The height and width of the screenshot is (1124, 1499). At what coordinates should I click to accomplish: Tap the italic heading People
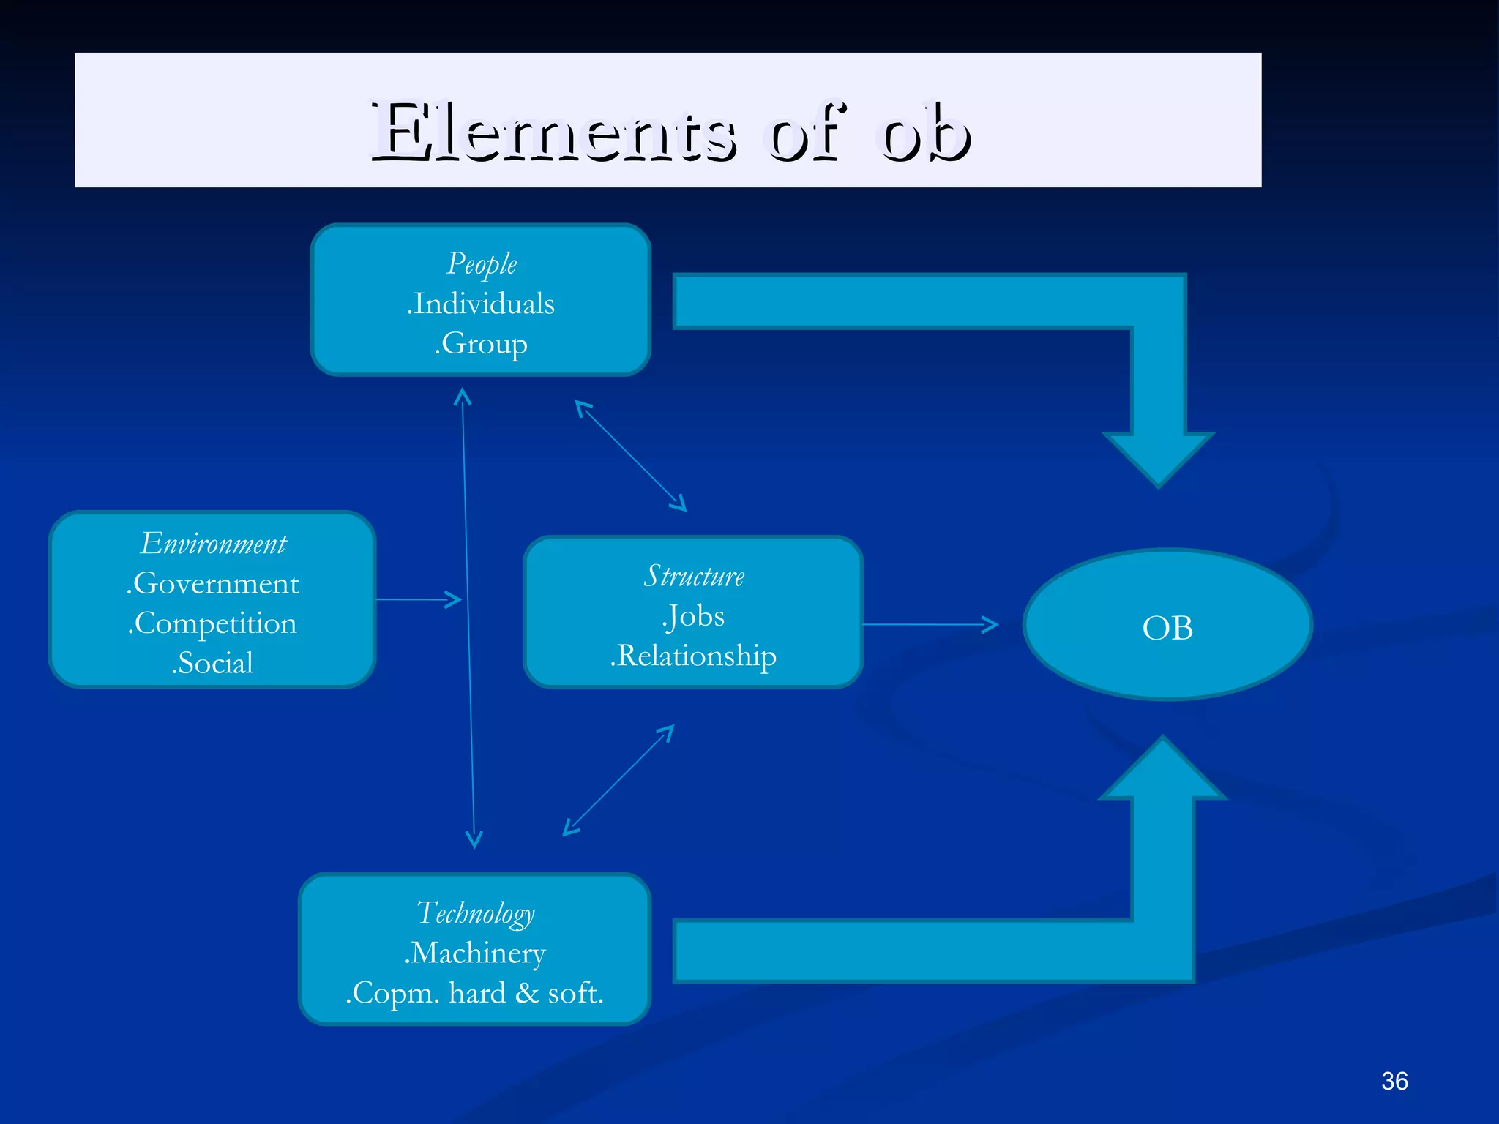click(482, 264)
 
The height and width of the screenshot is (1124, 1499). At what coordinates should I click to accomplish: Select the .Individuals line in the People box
click(481, 304)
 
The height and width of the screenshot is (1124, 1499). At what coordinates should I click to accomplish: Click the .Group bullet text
click(481, 343)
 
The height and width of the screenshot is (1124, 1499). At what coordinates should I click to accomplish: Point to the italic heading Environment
click(213, 544)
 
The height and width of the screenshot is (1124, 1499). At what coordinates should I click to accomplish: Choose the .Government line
click(212, 583)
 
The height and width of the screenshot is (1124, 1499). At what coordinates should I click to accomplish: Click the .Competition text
click(212, 623)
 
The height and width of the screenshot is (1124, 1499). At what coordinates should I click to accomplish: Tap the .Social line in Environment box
click(212, 662)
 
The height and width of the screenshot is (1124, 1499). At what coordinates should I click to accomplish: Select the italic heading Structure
click(694, 576)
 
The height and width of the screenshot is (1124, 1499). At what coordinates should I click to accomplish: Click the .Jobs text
click(693, 616)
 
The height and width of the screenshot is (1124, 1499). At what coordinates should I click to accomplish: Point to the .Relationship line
click(693, 656)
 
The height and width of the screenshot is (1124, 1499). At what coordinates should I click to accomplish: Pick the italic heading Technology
click(476, 913)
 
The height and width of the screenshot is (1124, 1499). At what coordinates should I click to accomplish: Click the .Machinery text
click(475, 953)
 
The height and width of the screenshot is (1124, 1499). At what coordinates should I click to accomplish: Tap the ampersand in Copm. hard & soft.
click(526, 993)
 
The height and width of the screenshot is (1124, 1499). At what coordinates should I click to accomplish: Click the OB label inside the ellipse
click(1167, 628)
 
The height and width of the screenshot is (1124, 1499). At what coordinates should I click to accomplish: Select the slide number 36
click(1394, 1081)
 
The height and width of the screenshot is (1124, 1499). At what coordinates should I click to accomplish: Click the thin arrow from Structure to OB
click(930, 624)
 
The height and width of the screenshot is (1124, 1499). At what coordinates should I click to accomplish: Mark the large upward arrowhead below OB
click(1162, 768)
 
